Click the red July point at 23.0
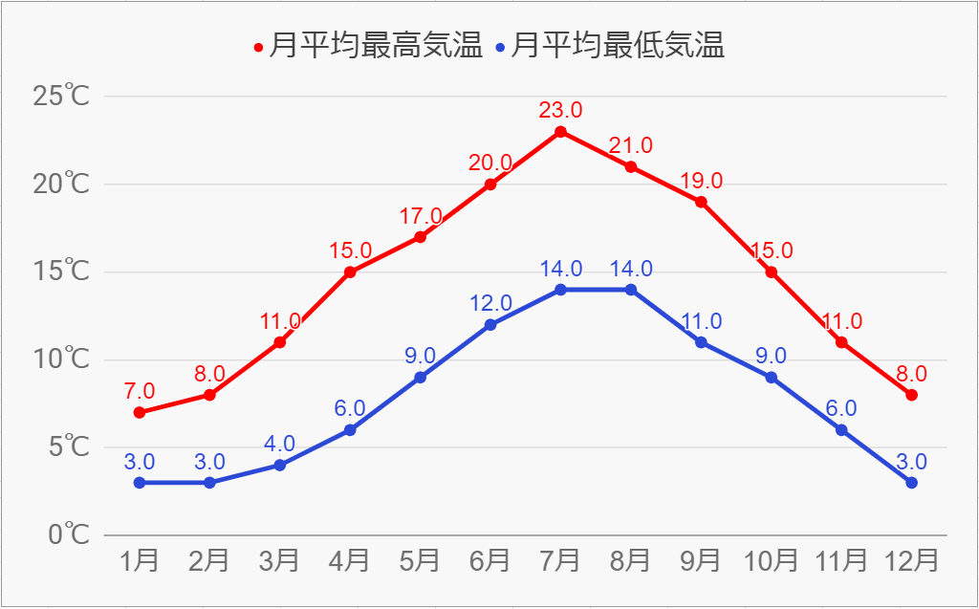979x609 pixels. tap(560, 132)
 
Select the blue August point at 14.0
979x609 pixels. tap(631, 290)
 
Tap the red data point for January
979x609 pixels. tap(140, 413)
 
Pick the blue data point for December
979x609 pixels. tap(911, 483)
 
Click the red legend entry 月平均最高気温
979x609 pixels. tap(369, 46)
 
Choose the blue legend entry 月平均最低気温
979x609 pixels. tap(611, 46)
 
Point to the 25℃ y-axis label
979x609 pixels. tap(61, 96)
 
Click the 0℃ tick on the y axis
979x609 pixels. tap(68, 534)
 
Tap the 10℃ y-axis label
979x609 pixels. tap(61, 359)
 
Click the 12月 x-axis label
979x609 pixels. tap(911, 560)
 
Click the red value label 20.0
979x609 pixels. tap(490, 163)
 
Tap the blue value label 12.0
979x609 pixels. tap(490, 303)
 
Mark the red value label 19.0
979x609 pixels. tap(701, 180)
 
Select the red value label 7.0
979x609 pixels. tap(140, 391)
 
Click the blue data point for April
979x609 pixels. tap(350, 430)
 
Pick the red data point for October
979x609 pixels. tap(771, 272)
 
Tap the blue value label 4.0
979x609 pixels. tap(280, 444)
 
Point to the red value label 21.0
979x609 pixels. tap(631, 145)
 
